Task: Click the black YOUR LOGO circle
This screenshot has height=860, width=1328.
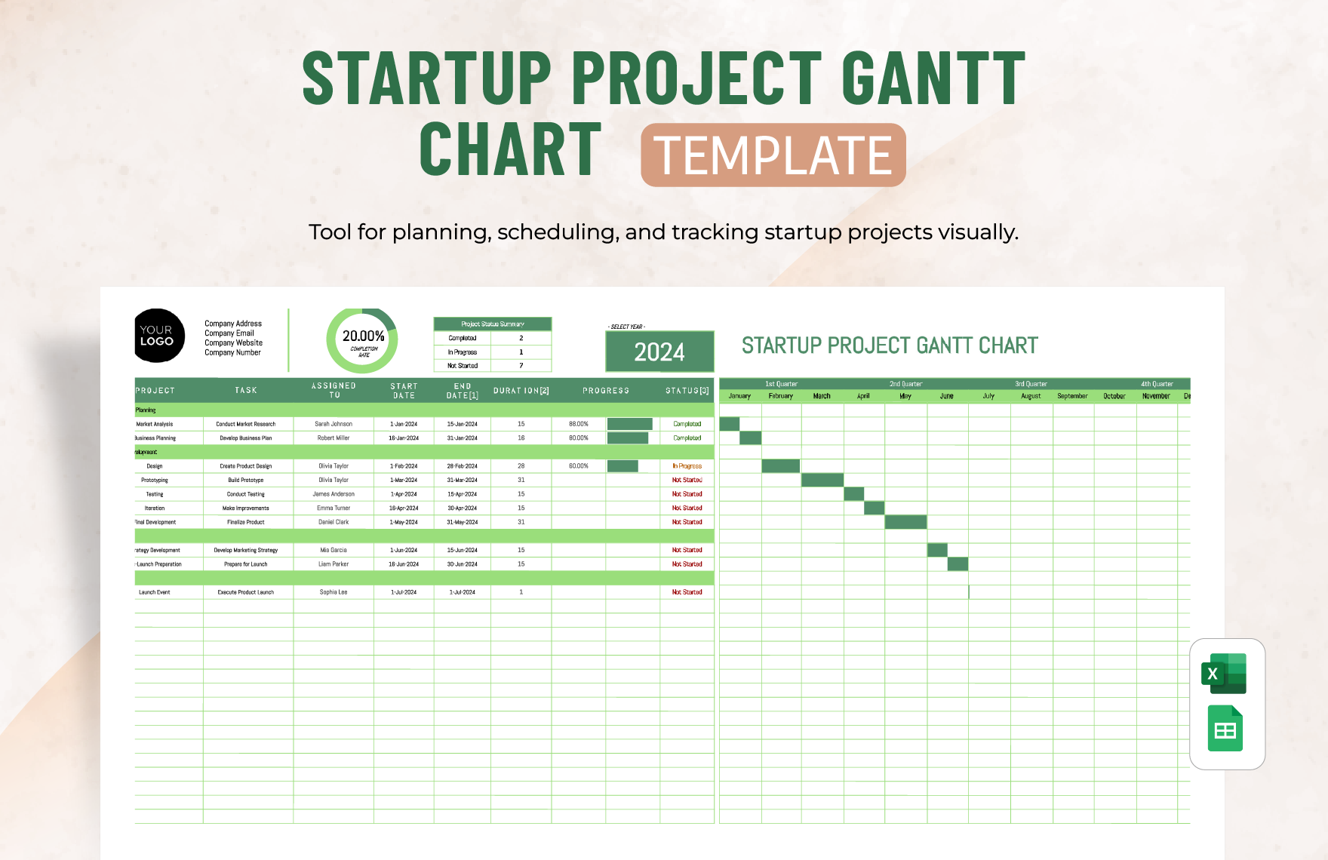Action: click(158, 336)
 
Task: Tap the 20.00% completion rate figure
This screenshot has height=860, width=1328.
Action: click(364, 336)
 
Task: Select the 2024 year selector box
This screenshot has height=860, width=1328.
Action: click(659, 352)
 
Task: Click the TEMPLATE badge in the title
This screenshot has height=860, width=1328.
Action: click(773, 155)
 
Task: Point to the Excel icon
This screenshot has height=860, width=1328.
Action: click(1224, 674)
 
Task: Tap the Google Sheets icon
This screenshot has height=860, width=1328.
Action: click(1225, 729)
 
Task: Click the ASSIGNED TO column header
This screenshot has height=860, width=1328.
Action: click(334, 390)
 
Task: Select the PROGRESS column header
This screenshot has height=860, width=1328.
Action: click(606, 391)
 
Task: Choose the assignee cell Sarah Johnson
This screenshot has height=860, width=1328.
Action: click(334, 424)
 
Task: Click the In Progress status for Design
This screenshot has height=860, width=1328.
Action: click(687, 466)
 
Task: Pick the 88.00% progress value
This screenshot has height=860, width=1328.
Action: click(579, 424)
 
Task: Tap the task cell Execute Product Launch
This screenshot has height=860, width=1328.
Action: click(246, 592)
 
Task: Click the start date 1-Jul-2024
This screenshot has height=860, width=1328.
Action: click(404, 592)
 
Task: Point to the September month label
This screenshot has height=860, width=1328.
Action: click(1072, 396)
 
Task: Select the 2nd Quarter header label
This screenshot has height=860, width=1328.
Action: click(905, 384)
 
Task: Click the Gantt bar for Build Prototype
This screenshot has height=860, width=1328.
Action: click(822, 480)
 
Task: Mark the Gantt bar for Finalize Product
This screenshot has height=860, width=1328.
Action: click(905, 522)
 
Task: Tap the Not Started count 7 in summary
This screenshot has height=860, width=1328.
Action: click(521, 366)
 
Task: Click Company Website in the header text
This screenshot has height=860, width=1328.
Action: click(234, 342)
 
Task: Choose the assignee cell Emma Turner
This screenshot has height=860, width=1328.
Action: click(334, 508)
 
